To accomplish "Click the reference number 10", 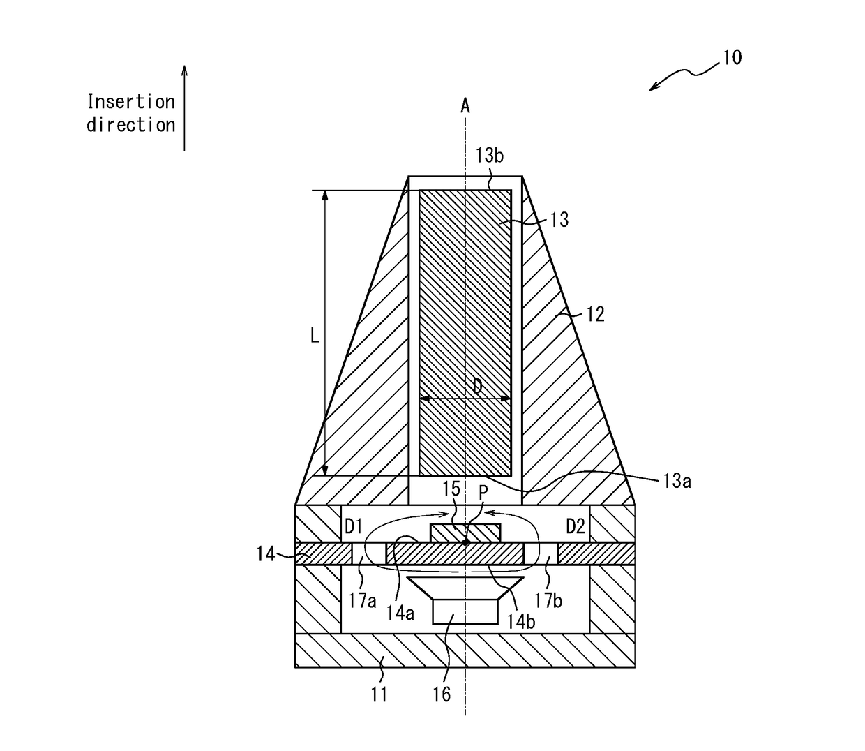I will pyautogui.click(x=732, y=57).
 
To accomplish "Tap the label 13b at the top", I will pyautogui.click(x=489, y=155).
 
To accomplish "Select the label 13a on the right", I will pyautogui.click(x=677, y=481).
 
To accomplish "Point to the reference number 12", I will pyautogui.click(x=594, y=314).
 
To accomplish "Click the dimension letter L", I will pyautogui.click(x=315, y=336).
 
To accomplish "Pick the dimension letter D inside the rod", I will pyautogui.click(x=477, y=385).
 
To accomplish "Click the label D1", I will pyautogui.click(x=354, y=527).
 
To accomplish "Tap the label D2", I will pyautogui.click(x=575, y=527).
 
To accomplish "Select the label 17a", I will pyautogui.click(x=362, y=600).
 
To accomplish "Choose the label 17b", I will pyautogui.click(x=548, y=600).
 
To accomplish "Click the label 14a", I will pyautogui.click(x=400, y=613).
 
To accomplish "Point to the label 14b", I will pyautogui.click(x=520, y=620).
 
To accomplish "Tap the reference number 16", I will pyautogui.click(x=442, y=694).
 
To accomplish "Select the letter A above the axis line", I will pyautogui.click(x=465, y=106).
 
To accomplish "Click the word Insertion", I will pyautogui.click(x=131, y=102).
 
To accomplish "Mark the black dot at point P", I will pyautogui.click(x=465, y=542).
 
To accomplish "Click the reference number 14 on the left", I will pyautogui.click(x=265, y=555).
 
